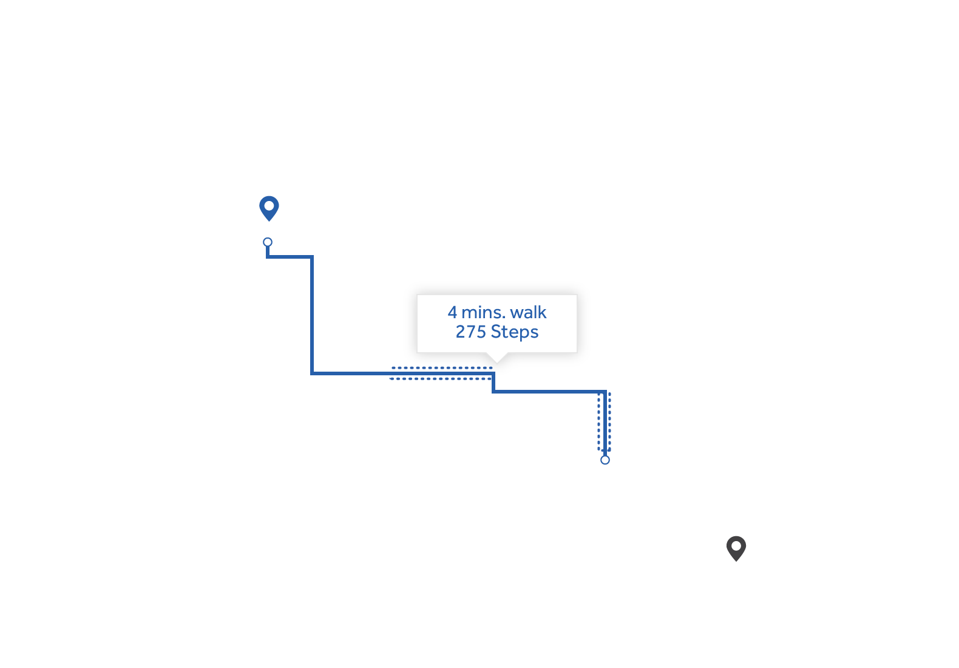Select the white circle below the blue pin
pos(268,242)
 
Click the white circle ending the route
pos(605,460)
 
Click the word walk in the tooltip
pos(528,312)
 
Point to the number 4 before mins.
pos(452,312)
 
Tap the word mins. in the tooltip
pos(484,312)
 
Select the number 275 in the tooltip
pos(471,332)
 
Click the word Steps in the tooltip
pos(515,332)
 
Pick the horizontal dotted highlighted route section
pos(441,373)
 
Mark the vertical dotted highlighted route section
pos(604,421)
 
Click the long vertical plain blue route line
pos(312,316)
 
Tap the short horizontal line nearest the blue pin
pos(290,257)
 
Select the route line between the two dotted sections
pos(549,392)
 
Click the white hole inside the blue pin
pos(269,205)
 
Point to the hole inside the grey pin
pos(736,545)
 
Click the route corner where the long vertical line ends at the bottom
pos(312,373)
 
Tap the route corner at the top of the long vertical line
pos(312,257)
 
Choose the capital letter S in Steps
pos(496,332)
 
